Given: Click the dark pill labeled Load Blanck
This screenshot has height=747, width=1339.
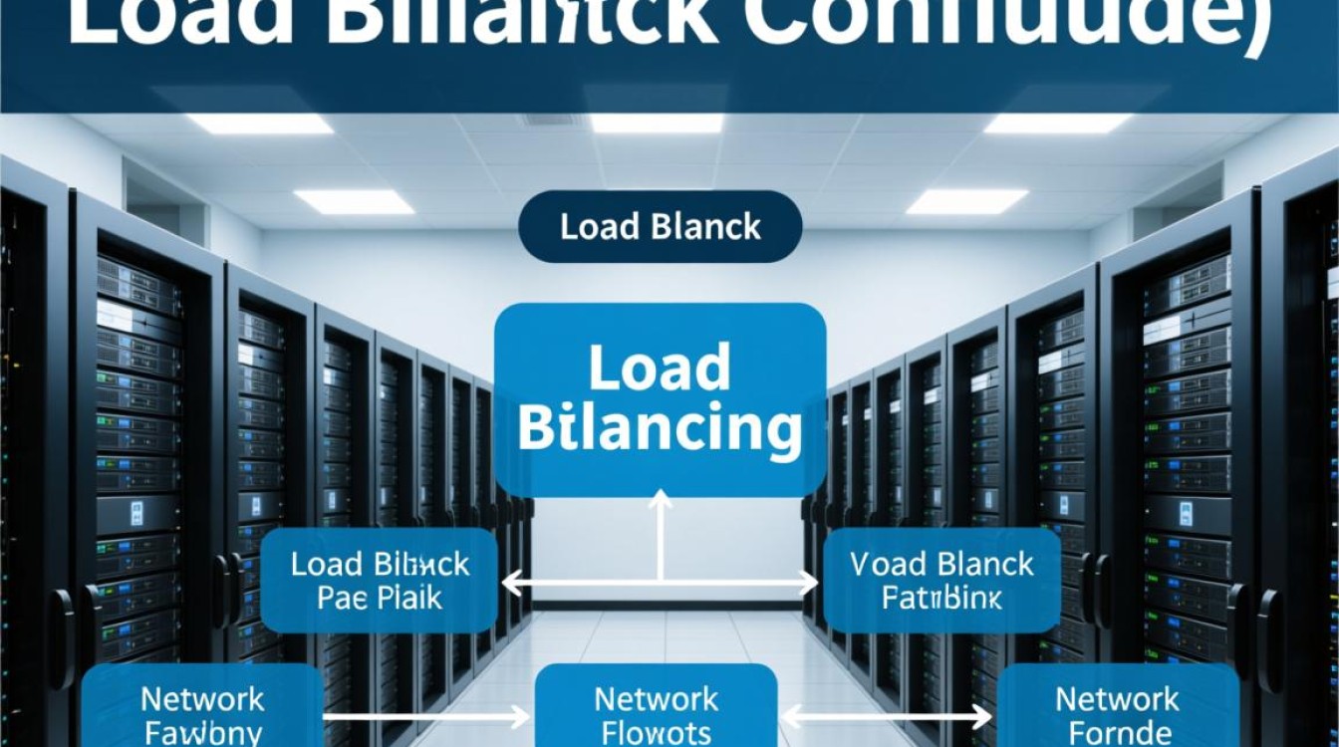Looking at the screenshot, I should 661,227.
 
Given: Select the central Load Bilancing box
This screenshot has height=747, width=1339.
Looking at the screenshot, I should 661,399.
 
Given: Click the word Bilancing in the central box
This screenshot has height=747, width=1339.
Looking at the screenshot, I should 661,429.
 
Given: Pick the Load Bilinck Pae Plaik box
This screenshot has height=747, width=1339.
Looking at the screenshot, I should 380,581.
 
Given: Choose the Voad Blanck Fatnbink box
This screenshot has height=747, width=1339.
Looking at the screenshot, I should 942,581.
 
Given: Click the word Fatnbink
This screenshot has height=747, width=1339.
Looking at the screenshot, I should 942,599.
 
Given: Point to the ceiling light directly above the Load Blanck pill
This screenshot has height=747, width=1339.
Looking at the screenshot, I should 657,124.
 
